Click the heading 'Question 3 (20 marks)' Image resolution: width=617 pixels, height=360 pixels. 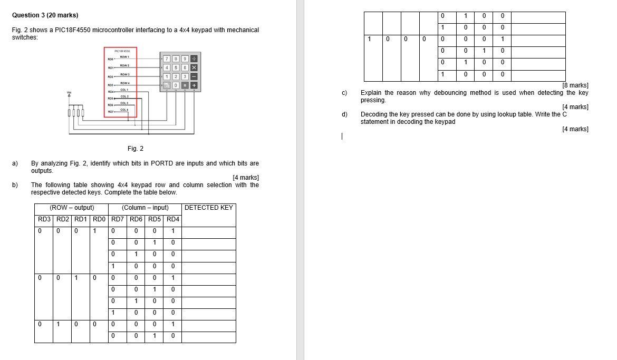pos(41,15)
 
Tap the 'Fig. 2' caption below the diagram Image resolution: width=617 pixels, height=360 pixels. pos(136,149)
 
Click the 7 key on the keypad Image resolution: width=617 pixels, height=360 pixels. pos(167,59)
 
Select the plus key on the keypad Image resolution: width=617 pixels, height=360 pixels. pos(194,85)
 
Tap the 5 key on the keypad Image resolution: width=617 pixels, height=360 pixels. pos(176,67)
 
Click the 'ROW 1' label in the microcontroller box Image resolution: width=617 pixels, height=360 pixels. pos(124,56)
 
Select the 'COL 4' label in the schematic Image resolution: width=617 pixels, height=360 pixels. pos(124,110)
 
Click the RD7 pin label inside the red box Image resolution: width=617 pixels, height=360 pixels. pos(111,112)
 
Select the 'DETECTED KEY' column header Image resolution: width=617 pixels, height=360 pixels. pos(208,208)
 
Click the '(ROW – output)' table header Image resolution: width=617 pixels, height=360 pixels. pos(72,208)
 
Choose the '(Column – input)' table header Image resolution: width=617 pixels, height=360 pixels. pos(145,208)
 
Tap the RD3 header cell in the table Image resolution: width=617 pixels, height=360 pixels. pos(44,219)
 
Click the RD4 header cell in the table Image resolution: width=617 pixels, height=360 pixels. pos(172,219)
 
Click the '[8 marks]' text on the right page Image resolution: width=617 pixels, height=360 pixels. pos(575,85)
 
